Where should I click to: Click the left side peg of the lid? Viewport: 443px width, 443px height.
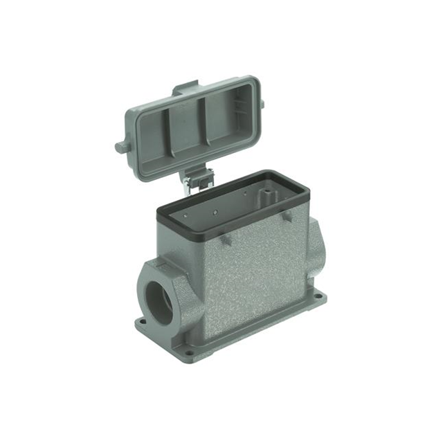(121, 147)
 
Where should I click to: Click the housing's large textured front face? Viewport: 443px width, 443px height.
(249, 277)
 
